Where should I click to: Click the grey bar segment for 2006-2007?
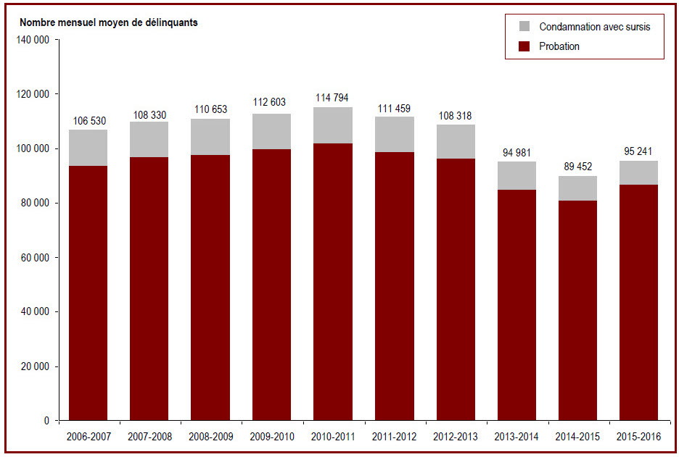pyautogui.click(x=89, y=148)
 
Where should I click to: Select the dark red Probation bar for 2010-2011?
pyautogui.click(x=333, y=282)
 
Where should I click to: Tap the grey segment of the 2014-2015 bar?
pyautogui.click(x=577, y=188)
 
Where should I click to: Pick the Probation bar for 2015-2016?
pyautogui.click(x=638, y=302)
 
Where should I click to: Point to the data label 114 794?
pyautogui.click(x=332, y=98)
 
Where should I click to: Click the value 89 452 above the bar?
pyautogui.click(x=577, y=167)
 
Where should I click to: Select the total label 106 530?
pyautogui.click(x=89, y=121)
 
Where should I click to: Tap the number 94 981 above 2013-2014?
pyautogui.click(x=517, y=153)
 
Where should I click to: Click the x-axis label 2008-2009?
pyautogui.click(x=211, y=437)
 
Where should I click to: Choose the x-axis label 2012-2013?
pyautogui.click(x=456, y=437)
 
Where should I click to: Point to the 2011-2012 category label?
pyautogui.click(x=394, y=437)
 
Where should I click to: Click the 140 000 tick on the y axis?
pyautogui.click(x=33, y=40)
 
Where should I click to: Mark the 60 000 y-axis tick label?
pyautogui.click(x=35, y=258)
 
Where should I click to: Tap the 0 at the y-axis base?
pyautogui.click(x=46, y=421)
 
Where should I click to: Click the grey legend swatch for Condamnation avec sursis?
pyautogui.click(x=524, y=26)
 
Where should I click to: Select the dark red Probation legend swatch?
pyautogui.click(x=524, y=46)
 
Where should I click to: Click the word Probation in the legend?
pyautogui.click(x=559, y=46)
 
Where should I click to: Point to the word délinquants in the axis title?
pyautogui.click(x=172, y=22)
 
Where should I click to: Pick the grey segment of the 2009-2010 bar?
pyautogui.click(x=271, y=131)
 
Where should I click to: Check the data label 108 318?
pyautogui.click(x=455, y=116)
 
